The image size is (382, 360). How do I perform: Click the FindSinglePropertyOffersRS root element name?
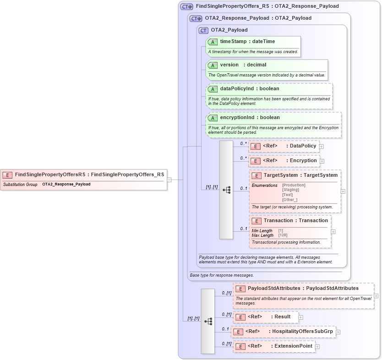pyautogui.click(x=50, y=174)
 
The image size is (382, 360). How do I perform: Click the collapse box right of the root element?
pyautogui.click(x=169, y=180)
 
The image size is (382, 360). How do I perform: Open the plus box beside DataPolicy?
pyautogui.click(x=322, y=147)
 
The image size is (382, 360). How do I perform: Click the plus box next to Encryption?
pyautogui.click(x=322, y=161)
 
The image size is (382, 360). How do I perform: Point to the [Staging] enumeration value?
pyautogui.click(x=290, y=190)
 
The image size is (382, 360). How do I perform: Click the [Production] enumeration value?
pyautogui.click(x=294, y=185)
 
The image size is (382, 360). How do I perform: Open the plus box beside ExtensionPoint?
pyautogui.click(x=317, y=347)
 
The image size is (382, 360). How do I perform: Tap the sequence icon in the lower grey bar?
pyautogui.click(x=208, y=322)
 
